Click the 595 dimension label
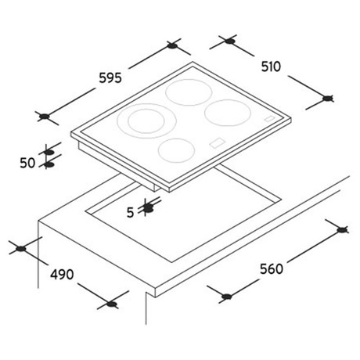click(x=110, y=77)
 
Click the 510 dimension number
click(x=272, y=67)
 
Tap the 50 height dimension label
click(x=27, y=163)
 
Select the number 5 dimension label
click(x=130, y=213)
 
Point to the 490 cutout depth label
click(x=62, y=275)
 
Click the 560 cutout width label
click(x=272, y=268)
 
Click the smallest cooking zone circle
click(x=176, y=150)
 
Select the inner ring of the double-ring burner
click(x=146, y=121)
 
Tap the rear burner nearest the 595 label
click(x=189, y=92)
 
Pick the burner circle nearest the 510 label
click(x=228, y=113)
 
